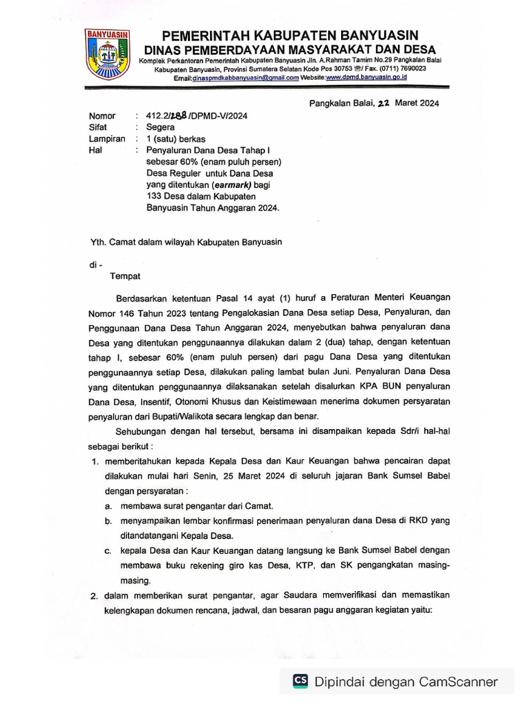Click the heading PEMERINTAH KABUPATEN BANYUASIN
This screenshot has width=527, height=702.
point(290,36)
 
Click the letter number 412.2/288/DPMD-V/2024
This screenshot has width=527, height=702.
point(191,116)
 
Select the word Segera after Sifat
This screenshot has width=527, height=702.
point(161,127)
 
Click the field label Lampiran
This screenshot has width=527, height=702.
point(107,138)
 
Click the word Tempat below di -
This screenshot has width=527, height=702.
point(126,276)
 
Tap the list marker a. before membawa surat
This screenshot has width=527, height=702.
point(108,506)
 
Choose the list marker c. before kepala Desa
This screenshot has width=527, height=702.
point(108,550)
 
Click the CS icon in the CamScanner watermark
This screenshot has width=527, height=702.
point(301,681)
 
